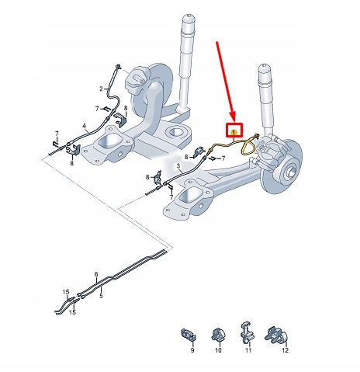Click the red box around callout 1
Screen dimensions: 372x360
point(234,131)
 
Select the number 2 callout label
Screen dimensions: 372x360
point(100,89)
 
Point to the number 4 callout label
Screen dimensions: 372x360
point(84,126)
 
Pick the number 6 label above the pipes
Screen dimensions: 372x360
point(96,274)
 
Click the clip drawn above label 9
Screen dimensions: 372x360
point(188,334)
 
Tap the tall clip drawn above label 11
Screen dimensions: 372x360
point(247,330)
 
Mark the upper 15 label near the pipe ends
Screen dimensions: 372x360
point(66,290)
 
